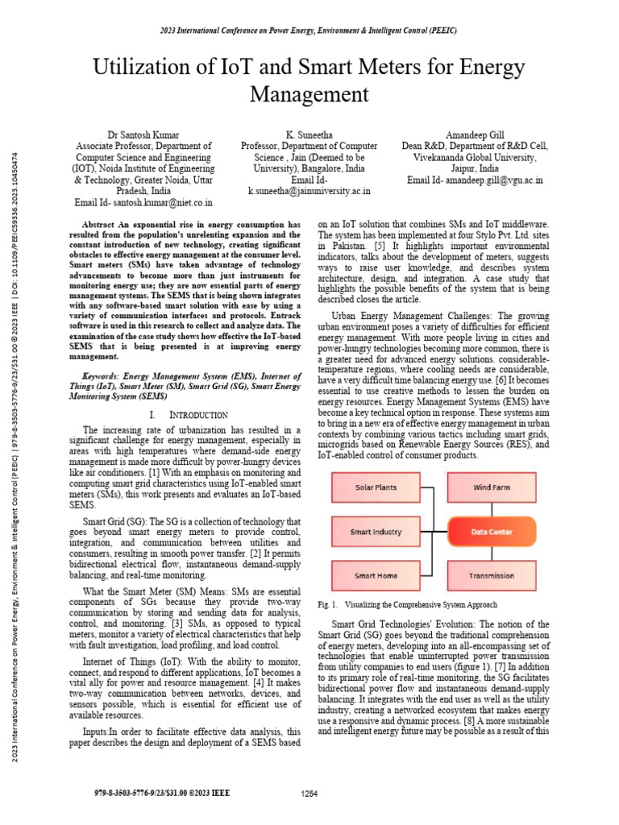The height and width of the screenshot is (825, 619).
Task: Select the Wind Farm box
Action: [492, 487]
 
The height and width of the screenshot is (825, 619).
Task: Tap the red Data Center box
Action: [492, 532]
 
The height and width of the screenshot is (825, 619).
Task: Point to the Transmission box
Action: [492, 576]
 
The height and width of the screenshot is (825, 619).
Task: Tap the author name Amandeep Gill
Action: [475, 135]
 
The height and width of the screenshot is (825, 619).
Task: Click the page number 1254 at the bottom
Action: [309, 794]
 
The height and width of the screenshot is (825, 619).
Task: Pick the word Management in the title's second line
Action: [309, 94]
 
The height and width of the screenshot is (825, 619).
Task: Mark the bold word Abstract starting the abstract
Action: [102, 225]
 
